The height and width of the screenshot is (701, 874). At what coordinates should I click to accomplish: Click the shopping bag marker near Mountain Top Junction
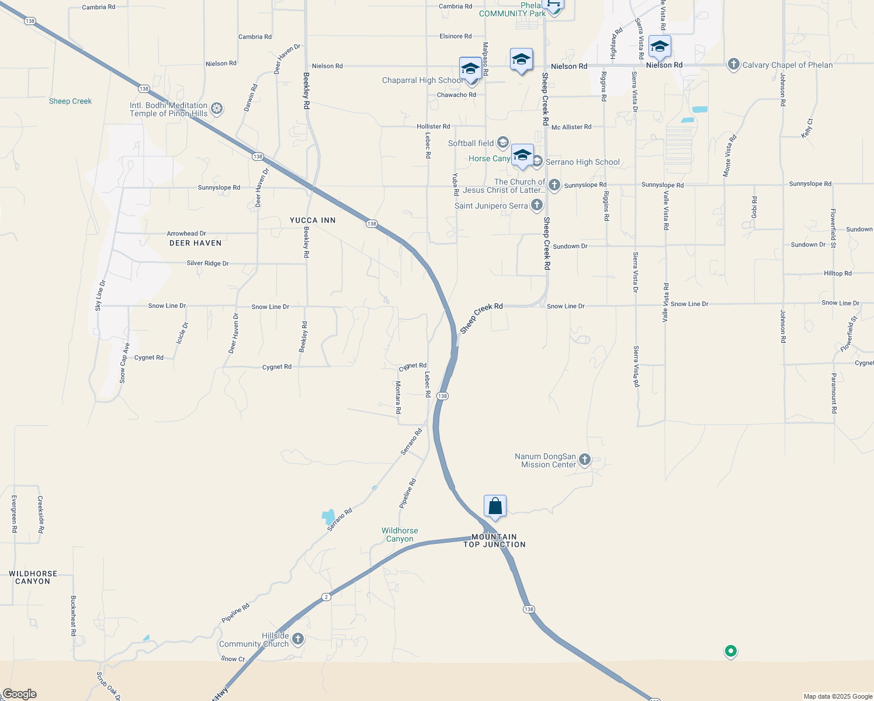pos(495,506)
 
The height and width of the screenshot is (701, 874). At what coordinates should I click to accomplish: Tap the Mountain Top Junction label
pos(494,540)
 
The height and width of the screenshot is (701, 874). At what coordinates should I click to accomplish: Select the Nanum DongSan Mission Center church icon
pos(584,460)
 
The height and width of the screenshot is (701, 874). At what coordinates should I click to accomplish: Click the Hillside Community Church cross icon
pos(298,639)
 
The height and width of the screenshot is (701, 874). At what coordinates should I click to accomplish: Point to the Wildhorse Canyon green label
pos(400,535)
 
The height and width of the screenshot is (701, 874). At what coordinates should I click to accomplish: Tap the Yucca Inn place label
pos(313,220)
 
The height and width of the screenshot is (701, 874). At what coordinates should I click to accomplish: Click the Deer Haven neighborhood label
pos(195,243)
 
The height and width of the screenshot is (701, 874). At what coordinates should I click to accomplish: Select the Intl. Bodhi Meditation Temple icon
pos(217,108)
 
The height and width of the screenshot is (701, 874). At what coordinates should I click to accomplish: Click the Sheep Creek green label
pos(70,101)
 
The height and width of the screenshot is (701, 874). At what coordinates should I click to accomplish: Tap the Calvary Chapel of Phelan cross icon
pos(734,65)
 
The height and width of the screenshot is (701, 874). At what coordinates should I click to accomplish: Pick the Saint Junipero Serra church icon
pos(537,205)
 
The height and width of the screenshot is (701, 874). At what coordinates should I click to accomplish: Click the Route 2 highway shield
pos(326,596)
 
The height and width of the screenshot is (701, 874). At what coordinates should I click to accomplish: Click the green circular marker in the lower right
pos(730,650)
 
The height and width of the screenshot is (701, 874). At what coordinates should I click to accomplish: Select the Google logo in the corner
pos(19,694)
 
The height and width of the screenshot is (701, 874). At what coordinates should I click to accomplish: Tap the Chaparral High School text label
pos(422,81)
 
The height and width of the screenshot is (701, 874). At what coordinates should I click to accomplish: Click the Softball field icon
pos(502,143)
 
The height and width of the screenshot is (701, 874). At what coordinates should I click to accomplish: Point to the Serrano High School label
pos(582,162)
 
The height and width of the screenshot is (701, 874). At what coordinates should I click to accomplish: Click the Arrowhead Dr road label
pos(186,234)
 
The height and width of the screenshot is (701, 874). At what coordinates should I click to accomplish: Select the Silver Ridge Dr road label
pos(207,263)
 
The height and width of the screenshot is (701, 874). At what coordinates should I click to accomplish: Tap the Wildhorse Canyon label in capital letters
pos(33,577)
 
